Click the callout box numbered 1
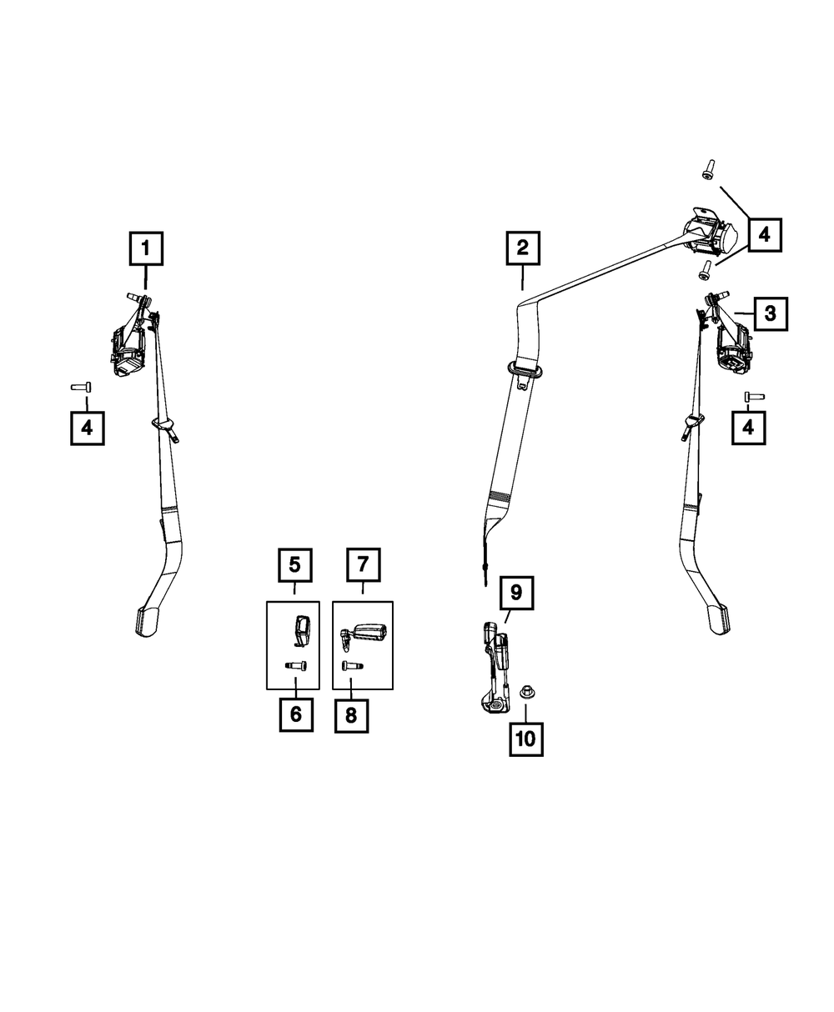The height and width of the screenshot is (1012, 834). (146, 248)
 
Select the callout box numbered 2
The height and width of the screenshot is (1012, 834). (522, 248)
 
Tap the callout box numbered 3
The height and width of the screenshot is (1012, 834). (770, 313)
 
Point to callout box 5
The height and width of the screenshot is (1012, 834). (294, 565)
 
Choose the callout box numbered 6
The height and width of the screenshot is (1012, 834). (296, 715)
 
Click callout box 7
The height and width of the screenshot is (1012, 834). (363, 565)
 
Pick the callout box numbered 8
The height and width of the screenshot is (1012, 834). (351, 715)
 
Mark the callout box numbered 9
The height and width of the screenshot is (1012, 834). (516, 593)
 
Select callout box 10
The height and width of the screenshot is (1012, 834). (526, 739)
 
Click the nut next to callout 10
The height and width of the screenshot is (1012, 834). (526, 690)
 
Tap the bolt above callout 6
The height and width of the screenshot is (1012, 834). (295, 665)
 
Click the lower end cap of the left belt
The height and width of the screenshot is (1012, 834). (147, 620)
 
